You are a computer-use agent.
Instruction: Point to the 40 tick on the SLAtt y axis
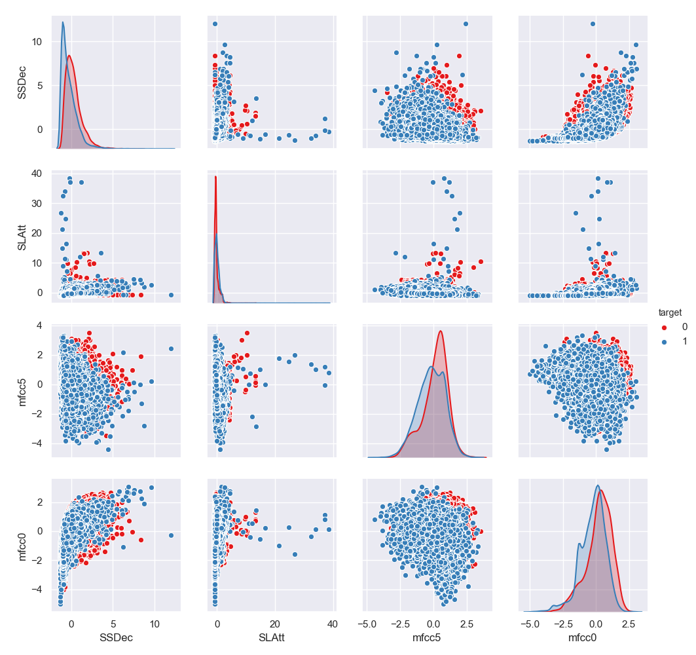[x=37, y=174]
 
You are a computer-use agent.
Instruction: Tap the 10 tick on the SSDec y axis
[x=37, y=42]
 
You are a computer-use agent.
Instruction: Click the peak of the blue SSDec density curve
[x=63, y=22]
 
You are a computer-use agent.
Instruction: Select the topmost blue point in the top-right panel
[x=593, y=24]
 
